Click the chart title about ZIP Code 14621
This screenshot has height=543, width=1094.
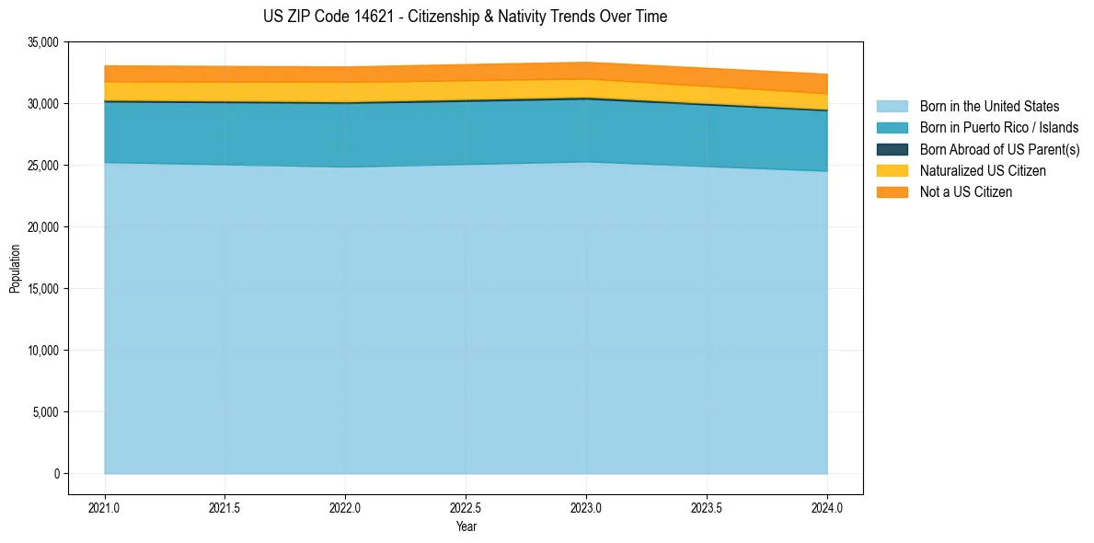pos(465,17)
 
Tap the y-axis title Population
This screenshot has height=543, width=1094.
pos(15,269)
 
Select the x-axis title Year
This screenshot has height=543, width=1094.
pos(466,527)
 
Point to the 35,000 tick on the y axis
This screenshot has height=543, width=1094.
pos(43,42)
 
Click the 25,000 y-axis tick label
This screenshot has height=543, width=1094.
pos(43,166)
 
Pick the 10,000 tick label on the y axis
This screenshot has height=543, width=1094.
pos(43,351)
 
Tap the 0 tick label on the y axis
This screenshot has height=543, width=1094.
pos(56,474)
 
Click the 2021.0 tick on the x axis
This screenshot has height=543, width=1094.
pos(105,507)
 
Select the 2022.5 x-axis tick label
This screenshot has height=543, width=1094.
pos(466,507)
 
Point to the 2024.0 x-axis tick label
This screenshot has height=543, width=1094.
pos(827,507)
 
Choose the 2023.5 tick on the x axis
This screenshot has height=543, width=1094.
pos(707,507)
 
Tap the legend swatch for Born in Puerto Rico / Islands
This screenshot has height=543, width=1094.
pos(892,128)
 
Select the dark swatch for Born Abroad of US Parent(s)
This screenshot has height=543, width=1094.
pos(892,149)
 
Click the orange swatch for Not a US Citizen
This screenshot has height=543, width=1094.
pos(892,192)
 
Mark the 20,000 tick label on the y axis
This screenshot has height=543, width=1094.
pos(43,227)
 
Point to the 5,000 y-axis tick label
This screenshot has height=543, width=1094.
pos(46,412)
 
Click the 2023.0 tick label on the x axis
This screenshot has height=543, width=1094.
pos(586,507)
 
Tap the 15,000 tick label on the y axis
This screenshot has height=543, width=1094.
pos(43,289)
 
